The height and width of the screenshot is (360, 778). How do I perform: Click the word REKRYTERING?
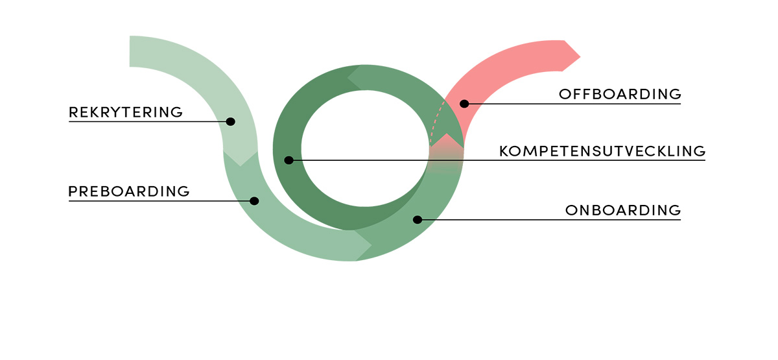point(126,112)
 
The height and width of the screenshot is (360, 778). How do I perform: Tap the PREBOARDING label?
point(129,191)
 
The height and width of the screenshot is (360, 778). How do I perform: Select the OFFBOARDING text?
point(620,94)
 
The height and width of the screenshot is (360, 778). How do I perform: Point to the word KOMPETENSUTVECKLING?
point(602,151)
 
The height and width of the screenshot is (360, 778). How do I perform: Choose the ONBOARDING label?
point(623,210)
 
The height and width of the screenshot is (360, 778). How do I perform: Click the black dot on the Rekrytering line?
point(230,121)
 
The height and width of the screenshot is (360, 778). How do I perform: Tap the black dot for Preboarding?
point(254,201)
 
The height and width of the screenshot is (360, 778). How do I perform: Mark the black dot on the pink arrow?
point(464,103)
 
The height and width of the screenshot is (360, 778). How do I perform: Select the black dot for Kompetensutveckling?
point(289,160)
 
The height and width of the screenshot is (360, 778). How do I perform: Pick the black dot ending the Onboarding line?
point(418,220)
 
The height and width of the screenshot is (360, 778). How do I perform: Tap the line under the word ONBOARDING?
point(583,220)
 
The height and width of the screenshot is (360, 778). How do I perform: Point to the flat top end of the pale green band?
point(131,51)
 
